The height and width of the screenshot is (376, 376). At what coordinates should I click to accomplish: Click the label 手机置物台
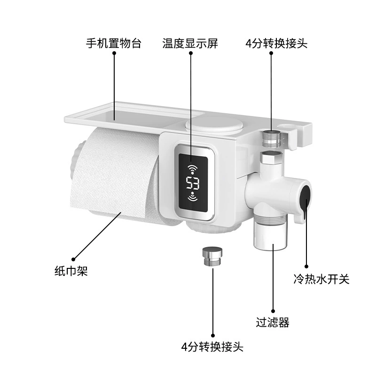tap(113, 43)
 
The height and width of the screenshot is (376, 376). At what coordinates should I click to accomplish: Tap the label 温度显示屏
tap(190, 43)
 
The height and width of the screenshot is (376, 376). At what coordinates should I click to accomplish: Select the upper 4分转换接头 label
tap(276, 43)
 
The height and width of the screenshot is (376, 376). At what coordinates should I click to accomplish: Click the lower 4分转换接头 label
tap(212, 347)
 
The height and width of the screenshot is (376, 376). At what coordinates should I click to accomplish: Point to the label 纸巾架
tap(71, 271)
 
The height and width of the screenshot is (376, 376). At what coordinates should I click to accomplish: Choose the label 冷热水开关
tap(321, 279)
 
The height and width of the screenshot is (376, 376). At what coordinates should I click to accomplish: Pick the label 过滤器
tap(273, 322)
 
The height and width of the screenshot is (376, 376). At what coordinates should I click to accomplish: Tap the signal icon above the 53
tap(192, 169)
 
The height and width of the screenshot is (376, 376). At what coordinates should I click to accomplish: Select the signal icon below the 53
tap(193, 196)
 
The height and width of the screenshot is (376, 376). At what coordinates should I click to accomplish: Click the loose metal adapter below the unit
tap(212, 256)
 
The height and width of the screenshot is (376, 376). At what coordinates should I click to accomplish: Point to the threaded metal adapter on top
tap(272, 139)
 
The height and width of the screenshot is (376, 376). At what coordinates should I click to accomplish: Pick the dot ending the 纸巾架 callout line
tap(73, 259)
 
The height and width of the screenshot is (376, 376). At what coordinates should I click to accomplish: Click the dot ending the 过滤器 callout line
tap(273, 311)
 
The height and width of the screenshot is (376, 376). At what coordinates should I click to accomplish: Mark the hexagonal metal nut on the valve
tap(271, 158)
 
